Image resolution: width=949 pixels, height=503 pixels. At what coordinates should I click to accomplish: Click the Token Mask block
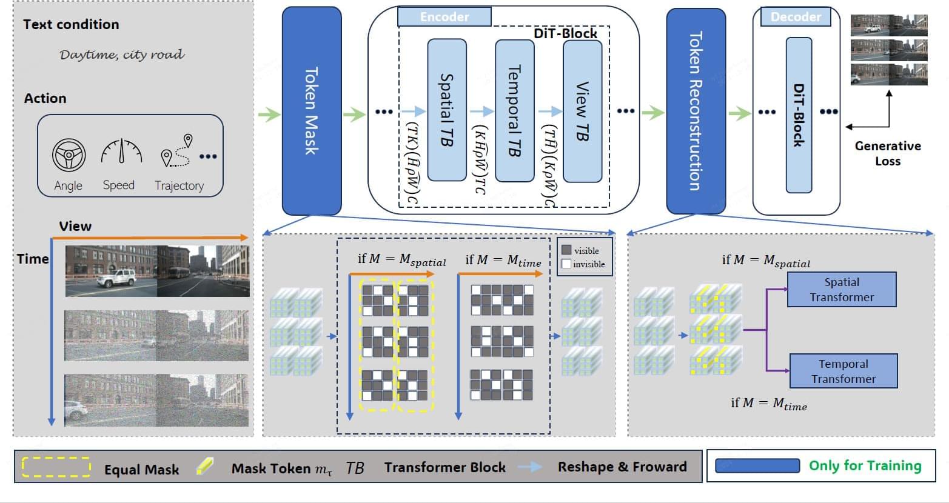tap(311, 110)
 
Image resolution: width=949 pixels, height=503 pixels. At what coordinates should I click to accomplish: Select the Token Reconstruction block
tap(696, 110)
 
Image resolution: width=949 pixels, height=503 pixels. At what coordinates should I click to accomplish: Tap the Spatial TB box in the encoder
tap(447, 110)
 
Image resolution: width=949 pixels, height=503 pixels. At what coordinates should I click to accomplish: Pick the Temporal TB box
tap(514, 111)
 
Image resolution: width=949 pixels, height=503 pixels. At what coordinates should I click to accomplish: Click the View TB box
tap(582, 111)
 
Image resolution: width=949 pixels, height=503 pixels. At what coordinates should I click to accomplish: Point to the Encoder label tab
tap(444, 17)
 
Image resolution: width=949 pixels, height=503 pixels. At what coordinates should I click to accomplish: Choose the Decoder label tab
tap(796, 17)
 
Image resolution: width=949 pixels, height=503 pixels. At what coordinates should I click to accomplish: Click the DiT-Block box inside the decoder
tap(799, 115)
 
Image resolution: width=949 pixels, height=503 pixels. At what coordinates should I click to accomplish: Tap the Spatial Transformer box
tap(842, 289)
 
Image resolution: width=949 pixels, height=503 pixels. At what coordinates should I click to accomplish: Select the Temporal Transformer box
tap(843, 371)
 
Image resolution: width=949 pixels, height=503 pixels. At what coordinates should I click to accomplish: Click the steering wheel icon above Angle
tap(69, 156)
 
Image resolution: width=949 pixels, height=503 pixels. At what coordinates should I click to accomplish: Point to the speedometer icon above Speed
tap(121, 152)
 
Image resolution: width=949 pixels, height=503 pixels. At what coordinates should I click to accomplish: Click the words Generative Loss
tap(888, 153)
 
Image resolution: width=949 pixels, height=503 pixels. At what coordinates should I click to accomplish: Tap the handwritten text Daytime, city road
tap(122, 55)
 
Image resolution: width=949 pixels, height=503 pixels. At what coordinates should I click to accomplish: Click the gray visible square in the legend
tap(566, 250)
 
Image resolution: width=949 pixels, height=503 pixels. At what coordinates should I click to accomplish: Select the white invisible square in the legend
tap(566, 264)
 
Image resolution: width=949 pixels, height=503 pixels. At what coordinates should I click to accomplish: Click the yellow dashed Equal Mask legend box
tap(56, 467)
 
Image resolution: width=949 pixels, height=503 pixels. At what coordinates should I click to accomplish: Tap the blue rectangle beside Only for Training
tap(757, 465)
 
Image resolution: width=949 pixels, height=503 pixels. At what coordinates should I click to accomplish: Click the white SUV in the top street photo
tap(116, 278)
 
